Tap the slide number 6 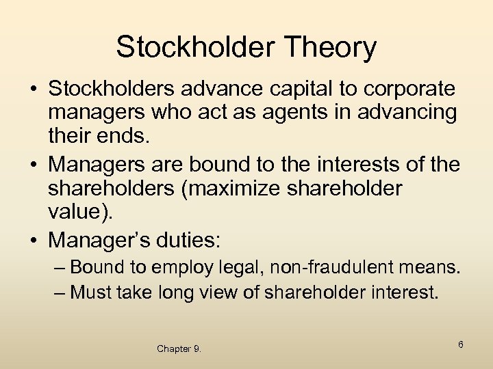pyautogui.click(x=461, y=344)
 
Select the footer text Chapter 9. pyautogui.click(x=179, y=348)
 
